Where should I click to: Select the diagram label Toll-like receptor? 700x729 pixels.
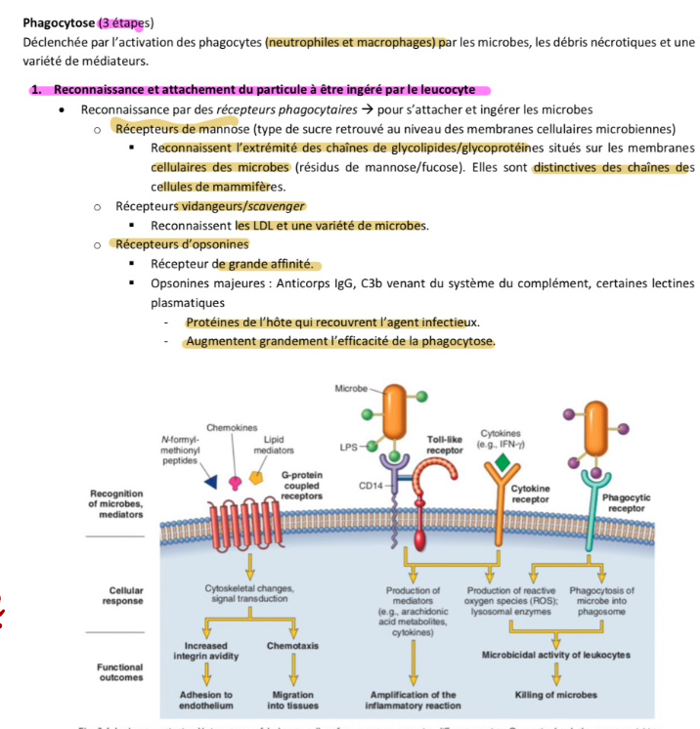point(444,445)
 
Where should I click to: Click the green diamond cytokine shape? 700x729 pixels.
point(502,460)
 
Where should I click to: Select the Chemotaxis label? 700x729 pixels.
point(290,646)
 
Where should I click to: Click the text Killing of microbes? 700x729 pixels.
point(555,695)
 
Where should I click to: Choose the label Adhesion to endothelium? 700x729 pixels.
point(205,700)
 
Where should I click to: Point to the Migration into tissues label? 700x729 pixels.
point(290,700)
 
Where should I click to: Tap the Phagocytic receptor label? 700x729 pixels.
point(628,502)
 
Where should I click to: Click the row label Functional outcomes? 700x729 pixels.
point(119,671)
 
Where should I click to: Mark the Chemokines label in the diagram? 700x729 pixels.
point(232,428)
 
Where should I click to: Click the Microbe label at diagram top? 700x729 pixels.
point(351,388)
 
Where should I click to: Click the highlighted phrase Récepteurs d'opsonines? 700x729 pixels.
point(182,244)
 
